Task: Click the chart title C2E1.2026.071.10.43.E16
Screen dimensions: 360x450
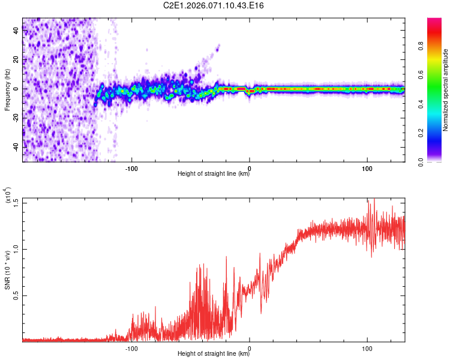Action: pyautogui.click(x=214, y=5)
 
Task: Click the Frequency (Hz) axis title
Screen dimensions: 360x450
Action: pyautogui.click(x=8, y=89)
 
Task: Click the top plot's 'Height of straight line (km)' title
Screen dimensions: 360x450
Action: pyautogui.click(x=214, y=174)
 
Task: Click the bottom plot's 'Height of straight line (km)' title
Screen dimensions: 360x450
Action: pyautogui.click(x=214, y=353)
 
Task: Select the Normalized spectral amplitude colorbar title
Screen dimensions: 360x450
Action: pyautogui.click(x=446, y=90)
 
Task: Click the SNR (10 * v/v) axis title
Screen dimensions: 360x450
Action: pyautogui.click(x=8, y=270)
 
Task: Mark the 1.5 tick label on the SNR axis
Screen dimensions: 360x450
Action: pyautogui.click(x=16, y=202)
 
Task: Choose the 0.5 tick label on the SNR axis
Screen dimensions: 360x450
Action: pyautogui.click(x=16, y=295)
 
